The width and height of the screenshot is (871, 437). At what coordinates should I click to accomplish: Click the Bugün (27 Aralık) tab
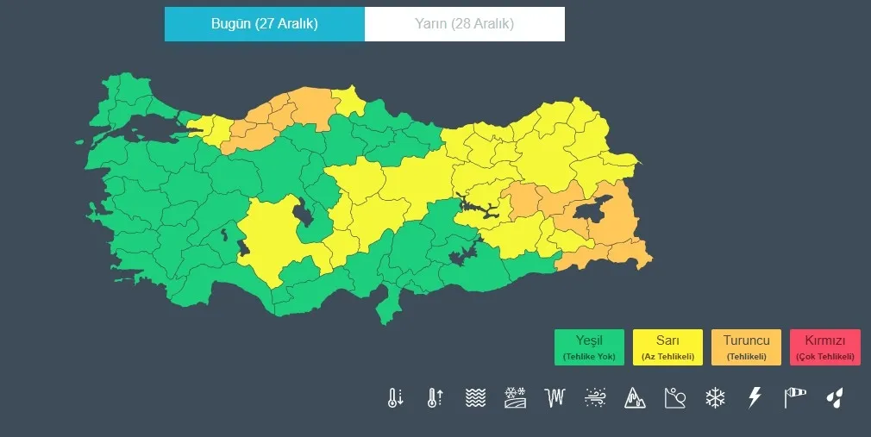click(x=264, y=24)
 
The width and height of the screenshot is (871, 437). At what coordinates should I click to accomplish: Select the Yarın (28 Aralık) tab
click(x=464, y=24)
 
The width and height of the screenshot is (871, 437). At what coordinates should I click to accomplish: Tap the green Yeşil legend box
click(x=589, y=347)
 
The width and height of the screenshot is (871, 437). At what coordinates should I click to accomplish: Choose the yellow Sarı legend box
click(x=667, y=347)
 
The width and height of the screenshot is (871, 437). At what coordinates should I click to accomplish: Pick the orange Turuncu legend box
click(x=746, y=347)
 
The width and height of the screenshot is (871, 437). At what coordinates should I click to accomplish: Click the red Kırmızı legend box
click(x=824, y=347)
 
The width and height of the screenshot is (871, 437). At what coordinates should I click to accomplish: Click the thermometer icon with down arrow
click(x=395, y=397)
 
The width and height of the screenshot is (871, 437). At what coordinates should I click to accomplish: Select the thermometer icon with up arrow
click(x=435, y=397)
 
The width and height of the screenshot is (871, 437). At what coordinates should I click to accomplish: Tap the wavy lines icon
click(x=475, y=397)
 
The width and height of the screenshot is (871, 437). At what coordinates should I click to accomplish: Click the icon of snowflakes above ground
click(x=515, y=397)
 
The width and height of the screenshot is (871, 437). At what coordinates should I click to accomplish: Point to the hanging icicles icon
click(x=555, y=397)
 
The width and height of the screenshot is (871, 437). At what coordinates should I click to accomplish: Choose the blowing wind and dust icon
click(x=595, y=397)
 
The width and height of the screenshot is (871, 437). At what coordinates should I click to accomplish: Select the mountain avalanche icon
click(x=635, y=397)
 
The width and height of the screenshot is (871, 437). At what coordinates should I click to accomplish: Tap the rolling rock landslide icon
click(x=674, y=397)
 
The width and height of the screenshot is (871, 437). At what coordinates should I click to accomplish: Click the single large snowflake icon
click(x=715, y=397)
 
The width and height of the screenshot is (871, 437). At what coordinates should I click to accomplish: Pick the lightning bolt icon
click(x=755, y=397)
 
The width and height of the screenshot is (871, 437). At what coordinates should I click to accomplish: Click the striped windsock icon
click(x=794, y=397)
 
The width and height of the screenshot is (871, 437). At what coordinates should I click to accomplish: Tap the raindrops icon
click(x=834, y=397)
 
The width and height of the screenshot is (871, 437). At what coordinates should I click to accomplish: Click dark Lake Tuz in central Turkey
click(x=304, y=212)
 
